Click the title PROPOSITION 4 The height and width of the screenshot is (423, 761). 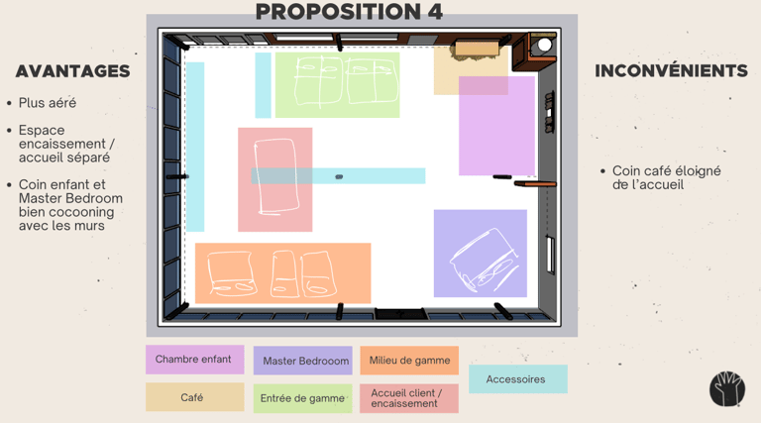[x=349, y=12]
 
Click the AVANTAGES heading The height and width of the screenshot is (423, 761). [x=72, y=71]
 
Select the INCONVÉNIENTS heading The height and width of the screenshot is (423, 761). [x=671, y=71]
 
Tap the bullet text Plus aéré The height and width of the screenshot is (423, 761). [x=47, y=102]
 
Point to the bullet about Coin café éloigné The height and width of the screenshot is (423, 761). [x=666, y=177]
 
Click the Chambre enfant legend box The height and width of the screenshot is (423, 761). [x=194, y=360]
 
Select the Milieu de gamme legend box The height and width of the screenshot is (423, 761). [x=409, y=361]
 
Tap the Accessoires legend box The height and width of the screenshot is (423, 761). [x=517, y=379]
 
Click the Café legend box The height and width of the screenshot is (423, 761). [x=194, y=397]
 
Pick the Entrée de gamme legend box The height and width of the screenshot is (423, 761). [x=302, y=398]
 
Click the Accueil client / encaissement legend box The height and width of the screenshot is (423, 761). [x=409, y=398]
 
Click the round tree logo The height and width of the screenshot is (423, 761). [x=726, y=388]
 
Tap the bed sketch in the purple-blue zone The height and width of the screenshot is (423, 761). [x=482, y=257]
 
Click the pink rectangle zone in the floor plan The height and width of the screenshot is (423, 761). [x=496, y=127]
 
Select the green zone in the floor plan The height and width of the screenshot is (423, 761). [x=337, y=83]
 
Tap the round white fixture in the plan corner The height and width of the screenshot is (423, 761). [x=543, y=44]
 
